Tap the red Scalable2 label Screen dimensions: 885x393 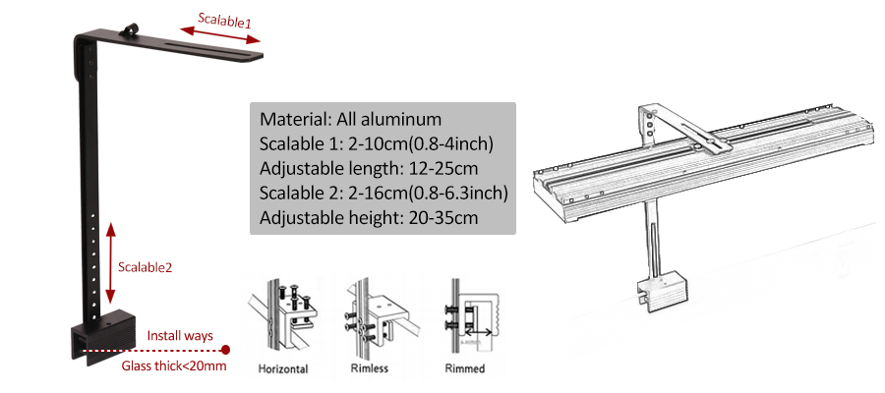[x=145, y=268]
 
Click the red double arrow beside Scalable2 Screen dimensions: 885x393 [x=110, y=263]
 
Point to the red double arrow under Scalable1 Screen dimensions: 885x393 [x=219, y=36]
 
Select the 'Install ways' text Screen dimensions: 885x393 [x=180, y=335]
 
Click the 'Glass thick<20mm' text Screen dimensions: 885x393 [x=174, y=365]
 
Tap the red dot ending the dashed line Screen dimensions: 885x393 [x=226, y=350]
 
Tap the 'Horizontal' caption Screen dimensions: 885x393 [x=283, y=369]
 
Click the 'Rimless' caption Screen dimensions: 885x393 [x=369, y=368]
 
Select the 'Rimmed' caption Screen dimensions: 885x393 [x=465, y=368]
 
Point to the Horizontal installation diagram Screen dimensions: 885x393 [x=282, y=315]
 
